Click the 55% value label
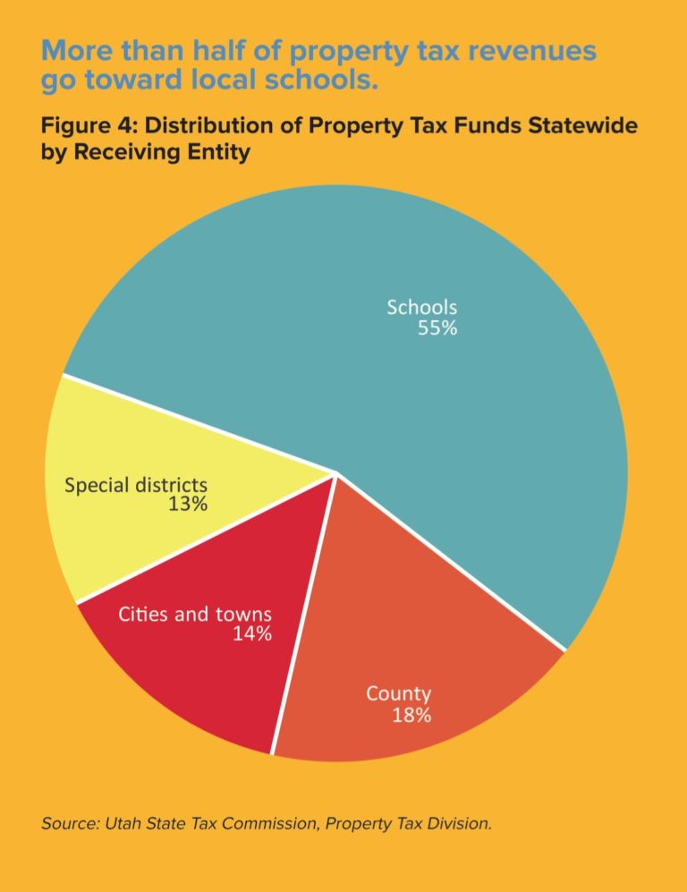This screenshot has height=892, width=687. pos(437,328)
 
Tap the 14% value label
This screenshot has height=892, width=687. pos(252,634)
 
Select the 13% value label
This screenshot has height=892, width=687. pos(188,505)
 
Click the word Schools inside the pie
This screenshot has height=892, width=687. pos(421,307)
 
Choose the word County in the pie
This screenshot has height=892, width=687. pos(398,693)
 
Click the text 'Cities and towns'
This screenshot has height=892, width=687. pos(195,615)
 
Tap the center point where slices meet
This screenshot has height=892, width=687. pos(335,473)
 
